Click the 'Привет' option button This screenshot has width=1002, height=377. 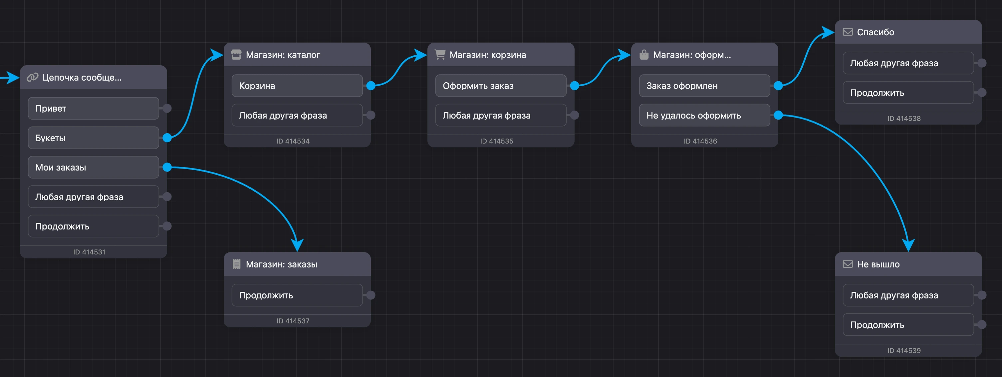pos(93,108)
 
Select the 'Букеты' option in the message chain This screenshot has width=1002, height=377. pos(93,138)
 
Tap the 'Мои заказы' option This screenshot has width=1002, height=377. pos(93,167)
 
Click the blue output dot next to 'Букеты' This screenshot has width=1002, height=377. pos(167,138)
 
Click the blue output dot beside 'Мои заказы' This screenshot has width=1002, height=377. pos(167,167)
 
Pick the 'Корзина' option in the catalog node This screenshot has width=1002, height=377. pos(297,86)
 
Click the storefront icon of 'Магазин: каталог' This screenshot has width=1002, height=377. pos(236,55)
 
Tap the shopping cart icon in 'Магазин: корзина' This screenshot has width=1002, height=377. pos(440,55)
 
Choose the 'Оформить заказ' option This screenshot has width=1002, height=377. pos(501,86)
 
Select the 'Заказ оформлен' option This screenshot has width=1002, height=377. pos(704,86)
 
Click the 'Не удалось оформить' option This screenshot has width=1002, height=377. pos(704,115)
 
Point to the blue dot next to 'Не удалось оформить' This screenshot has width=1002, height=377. pos(778,115)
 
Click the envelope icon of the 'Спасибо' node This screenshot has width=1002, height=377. pos(848,32)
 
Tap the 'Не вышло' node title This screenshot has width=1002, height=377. pos(878,264)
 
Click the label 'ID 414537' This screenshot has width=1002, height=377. pos(293,321)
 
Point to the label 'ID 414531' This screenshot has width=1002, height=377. pos(89,252)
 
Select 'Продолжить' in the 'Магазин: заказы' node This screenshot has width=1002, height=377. pos(297,295)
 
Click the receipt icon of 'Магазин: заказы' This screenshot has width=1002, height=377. pos(236,264)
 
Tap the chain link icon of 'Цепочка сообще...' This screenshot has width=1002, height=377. pos(32,77)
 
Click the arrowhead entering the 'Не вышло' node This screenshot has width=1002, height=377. pos(908,245)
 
